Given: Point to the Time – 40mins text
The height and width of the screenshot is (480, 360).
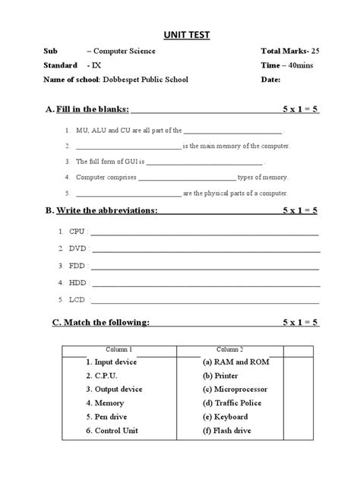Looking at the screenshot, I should (x=285, y=65).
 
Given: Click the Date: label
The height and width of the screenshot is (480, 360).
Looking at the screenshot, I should (x=271, y=79).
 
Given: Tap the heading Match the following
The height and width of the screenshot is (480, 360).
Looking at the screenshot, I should (x=101, y=323).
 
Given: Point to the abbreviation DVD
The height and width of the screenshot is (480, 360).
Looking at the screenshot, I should (x=77, y=248).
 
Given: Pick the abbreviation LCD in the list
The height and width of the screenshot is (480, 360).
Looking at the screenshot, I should (x=77, y=300).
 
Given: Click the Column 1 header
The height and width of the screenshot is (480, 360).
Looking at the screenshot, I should (x=119, y=349).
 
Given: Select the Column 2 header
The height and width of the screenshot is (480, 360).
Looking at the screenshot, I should (x=230, y=349).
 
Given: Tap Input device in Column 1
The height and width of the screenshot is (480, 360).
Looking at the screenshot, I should (x=115, y=362).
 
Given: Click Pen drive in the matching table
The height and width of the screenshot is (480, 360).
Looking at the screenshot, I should (x=111, y=417).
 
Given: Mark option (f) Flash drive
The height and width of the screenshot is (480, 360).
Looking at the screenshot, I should (x=226, y=431).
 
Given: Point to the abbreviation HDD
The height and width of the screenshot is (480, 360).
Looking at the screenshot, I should (x=77, y=283).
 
